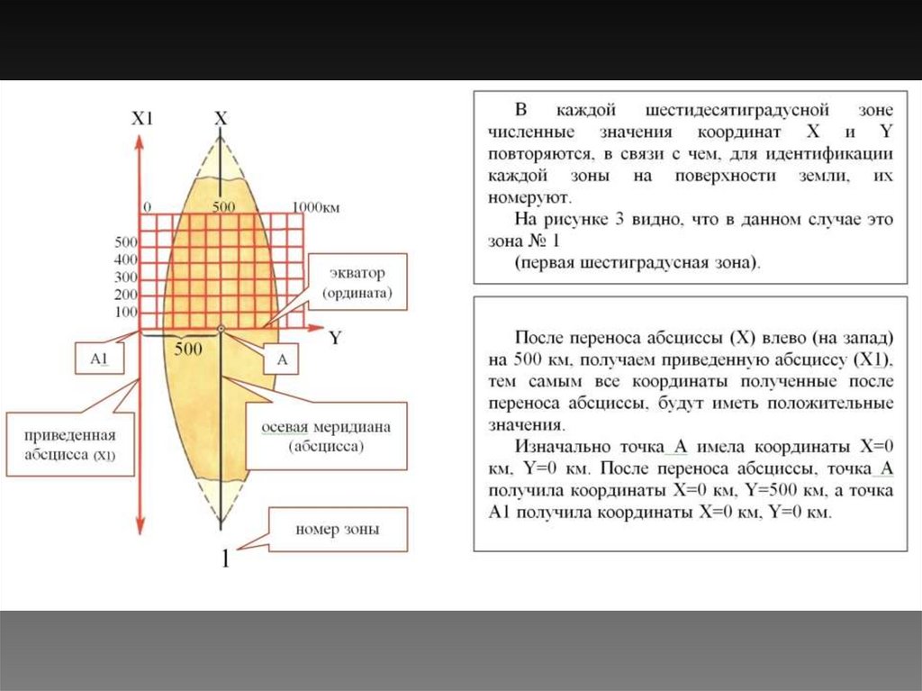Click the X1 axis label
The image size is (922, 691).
click(x=142, y=119)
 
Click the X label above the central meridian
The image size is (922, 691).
click(x=221, y=118)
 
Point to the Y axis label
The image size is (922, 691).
click(x=335, y=339)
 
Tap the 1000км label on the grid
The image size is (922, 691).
click(x=315, y=207)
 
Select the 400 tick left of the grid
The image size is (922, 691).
click(x=126, y=259)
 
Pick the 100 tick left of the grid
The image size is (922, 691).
click(x=126, y=312)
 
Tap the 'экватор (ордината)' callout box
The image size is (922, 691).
click(x=355, y=282)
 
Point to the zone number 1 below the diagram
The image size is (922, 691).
click(x=225, y=559)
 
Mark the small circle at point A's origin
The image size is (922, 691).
click(x=221, y=330)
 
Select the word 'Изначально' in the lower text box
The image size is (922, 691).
click(x=562, y=447)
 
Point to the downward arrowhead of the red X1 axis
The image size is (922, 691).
click(x=139, y=529)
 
